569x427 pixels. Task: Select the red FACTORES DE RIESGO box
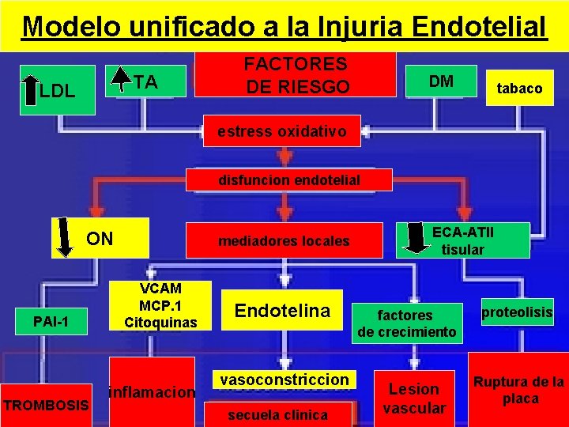click(296, 74)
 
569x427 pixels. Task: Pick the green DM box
click(440, 81)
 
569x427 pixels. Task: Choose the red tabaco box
click(519, 89)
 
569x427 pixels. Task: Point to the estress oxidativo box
click(281, 131)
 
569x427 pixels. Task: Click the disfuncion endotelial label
click(288, 179)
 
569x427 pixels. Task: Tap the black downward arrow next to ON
click(66, 237)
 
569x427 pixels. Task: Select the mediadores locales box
click(285, 240)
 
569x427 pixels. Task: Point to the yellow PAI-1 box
click(51, 322)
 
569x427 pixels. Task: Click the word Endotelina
click(283, 311)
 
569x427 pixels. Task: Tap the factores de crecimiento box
click(406, 323)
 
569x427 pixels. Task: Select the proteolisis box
click(517, 312)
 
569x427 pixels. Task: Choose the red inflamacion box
click(152, 391)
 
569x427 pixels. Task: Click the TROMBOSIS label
click(47, 405)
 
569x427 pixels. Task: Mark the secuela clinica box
click(277, 414)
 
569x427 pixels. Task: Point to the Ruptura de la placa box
click(519, 390)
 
